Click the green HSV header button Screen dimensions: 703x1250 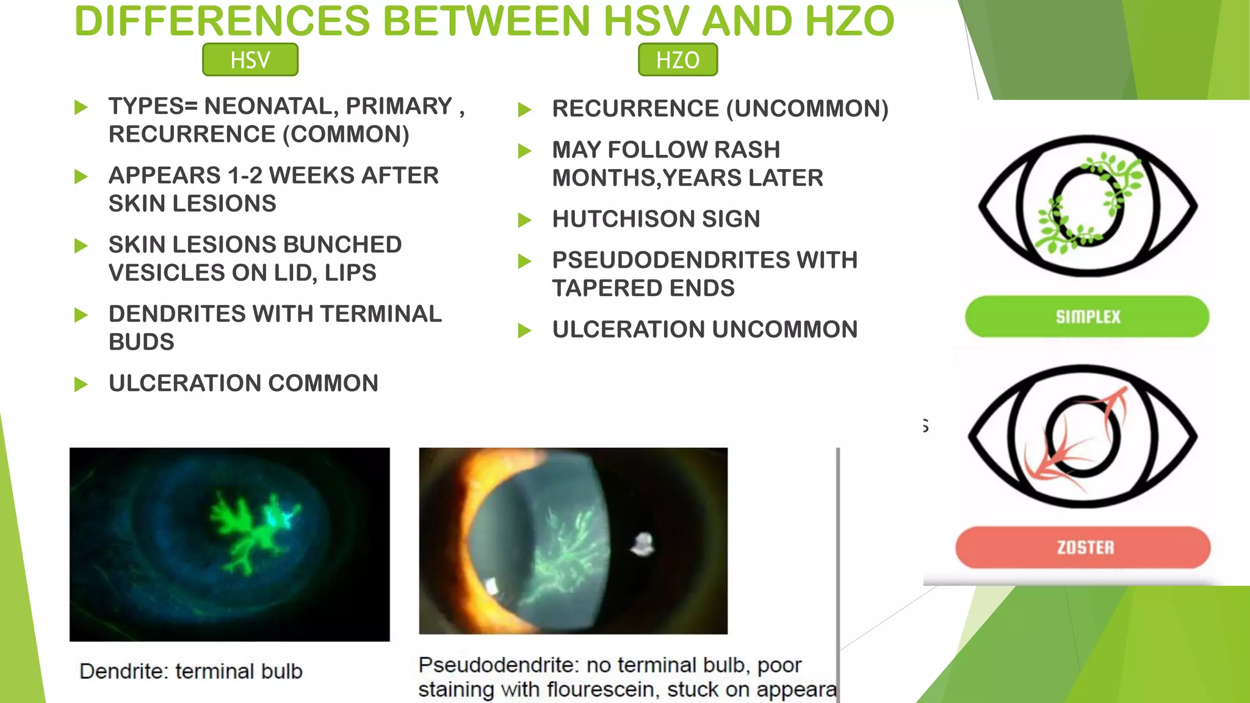click(250, 60)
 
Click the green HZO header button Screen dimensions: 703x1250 click(677, 60)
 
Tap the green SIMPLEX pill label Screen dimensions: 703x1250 click(1087, 317)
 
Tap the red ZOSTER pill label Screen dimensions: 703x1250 click(1083, 547)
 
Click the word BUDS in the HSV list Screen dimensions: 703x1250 click(142, 342)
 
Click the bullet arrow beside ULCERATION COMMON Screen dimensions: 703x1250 click(81, 384)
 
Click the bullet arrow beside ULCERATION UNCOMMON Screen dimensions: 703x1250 click(524, 331)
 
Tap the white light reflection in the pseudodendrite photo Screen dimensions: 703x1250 click(642, 543)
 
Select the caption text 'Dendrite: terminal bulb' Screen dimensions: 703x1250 click(190, 671)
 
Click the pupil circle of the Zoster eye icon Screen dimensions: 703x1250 click(1083, 437)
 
